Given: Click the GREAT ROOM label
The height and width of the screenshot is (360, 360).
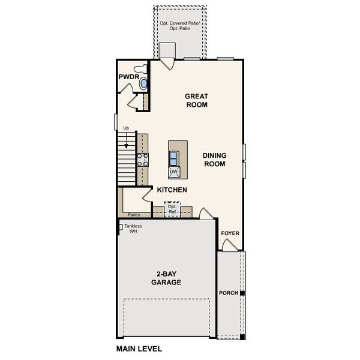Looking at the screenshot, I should click(196, 100).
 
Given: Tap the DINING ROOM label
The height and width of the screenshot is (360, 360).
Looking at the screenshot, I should click(214, 158).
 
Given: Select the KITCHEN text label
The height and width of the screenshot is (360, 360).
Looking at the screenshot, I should click(172, 190).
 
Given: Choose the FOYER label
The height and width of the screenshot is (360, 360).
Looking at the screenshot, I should click(230, 233).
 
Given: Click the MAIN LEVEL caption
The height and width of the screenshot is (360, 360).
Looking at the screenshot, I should click(139, 348).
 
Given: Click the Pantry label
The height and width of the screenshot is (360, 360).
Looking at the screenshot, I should click(133, 214).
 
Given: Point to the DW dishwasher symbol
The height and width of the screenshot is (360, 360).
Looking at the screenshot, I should click(174, 172).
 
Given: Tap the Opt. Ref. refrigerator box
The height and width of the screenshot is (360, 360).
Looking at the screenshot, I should click(172, 210).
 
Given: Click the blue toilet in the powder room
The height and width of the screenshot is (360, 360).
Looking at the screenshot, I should click(143, 84).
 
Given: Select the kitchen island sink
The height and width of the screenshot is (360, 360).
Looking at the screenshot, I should click(174, 158).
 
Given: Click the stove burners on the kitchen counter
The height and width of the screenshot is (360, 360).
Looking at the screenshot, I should click(143, 160).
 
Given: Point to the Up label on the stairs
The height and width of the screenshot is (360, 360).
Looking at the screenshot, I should click(126, 128).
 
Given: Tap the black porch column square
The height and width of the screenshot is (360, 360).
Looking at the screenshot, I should click(242, 293).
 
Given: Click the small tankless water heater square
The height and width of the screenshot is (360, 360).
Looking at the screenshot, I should click(121, 227).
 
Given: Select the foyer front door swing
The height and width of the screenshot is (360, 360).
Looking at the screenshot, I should click(229, 245).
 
